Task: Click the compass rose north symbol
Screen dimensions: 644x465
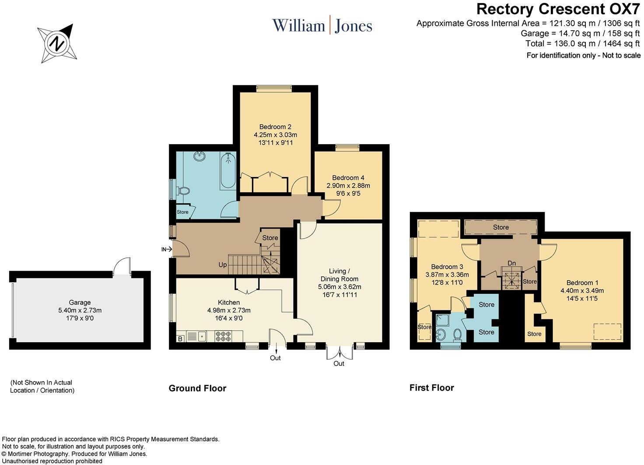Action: (x=57, y=44)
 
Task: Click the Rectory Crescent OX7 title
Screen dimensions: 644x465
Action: (x=558, y=8)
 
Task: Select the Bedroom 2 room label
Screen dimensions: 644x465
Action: (x=275, y=127)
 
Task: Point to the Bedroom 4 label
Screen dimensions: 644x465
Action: (x=348, y=178)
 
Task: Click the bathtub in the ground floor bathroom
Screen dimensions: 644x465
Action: (x=228, y=170)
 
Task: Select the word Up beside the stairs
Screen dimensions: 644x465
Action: (x=223, y=265)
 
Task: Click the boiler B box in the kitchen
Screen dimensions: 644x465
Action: (x=180, y=338)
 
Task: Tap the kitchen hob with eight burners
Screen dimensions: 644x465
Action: (x=223, y=337)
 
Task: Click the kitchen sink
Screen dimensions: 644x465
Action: (x=202, y=337)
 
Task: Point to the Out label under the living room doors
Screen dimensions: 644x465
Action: (x=339, y=364)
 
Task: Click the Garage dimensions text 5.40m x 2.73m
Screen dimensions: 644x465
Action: (x=80, y=310)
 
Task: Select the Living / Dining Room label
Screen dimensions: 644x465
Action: (x=339, y=275)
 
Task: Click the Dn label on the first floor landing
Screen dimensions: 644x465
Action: (x=511, y=263)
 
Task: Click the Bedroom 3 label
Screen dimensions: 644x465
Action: (x=447, y=267)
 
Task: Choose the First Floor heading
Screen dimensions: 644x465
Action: (x=432, y=388)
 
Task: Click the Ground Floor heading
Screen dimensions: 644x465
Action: (x=197, y=388)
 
